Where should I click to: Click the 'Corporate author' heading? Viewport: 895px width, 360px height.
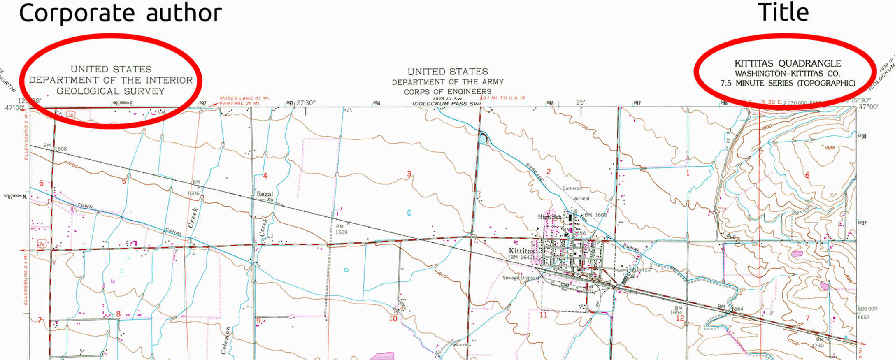(120, 13)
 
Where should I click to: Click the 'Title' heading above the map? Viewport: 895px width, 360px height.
(783, 12)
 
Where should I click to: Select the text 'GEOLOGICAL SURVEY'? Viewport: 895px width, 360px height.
(110, 91)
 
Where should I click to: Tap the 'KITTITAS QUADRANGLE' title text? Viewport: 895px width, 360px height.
(788, 64)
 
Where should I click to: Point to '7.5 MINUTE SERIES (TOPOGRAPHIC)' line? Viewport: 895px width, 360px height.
(788, 83)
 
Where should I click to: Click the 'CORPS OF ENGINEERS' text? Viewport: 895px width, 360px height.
(447, 92)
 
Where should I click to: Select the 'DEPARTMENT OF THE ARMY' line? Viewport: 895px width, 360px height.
(447, 82)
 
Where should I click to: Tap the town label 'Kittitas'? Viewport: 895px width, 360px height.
(521, 251)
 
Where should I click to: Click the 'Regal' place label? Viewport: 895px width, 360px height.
(265, 194)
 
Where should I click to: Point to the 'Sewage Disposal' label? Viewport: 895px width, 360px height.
(521, 278)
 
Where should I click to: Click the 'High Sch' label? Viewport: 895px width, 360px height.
(549, 217)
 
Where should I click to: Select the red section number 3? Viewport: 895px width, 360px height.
(409, 174)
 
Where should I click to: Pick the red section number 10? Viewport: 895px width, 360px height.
(393, 318)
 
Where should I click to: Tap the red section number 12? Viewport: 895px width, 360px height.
(680, 318)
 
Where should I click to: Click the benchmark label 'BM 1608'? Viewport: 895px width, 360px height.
(56, 147)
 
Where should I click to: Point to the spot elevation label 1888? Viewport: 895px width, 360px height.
(829, 147)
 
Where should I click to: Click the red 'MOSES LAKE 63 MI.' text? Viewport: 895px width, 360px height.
(244, 98)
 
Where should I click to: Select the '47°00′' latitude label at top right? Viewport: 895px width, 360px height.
(868, 107)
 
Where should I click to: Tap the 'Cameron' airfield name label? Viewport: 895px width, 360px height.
(572, 188)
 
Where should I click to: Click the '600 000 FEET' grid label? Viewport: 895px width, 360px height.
(867, 313)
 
